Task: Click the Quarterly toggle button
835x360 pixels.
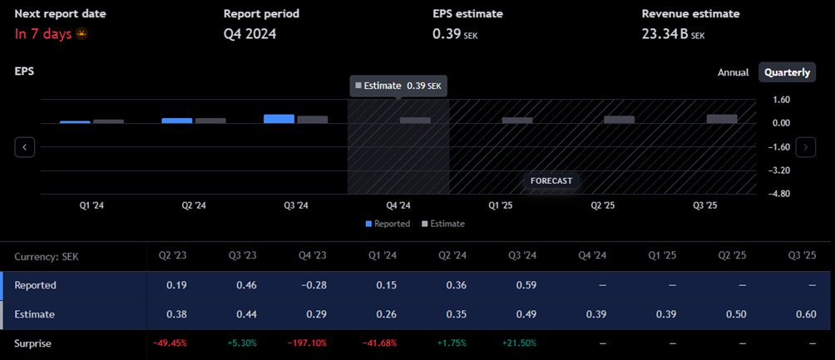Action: [x=787, y=72]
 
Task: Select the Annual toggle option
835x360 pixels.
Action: [x=733, y=72]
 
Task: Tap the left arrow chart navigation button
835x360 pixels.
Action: [x=25, y=147]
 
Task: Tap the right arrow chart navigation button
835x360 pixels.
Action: [x=805, y=147]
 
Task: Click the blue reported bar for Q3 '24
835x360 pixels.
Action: [x=279, y=119]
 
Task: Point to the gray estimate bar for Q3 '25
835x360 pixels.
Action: [x=722, y=119]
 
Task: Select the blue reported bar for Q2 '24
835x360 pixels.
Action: [x=176, y=121]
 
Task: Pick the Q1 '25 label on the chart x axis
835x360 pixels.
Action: [x=501, y=205]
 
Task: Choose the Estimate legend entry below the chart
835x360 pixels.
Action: [x=443, y=224]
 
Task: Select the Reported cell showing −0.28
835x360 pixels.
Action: [x=311, y=285]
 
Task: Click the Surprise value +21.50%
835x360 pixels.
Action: [x=519, y=343]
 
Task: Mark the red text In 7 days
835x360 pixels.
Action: [x=43, y=34]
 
